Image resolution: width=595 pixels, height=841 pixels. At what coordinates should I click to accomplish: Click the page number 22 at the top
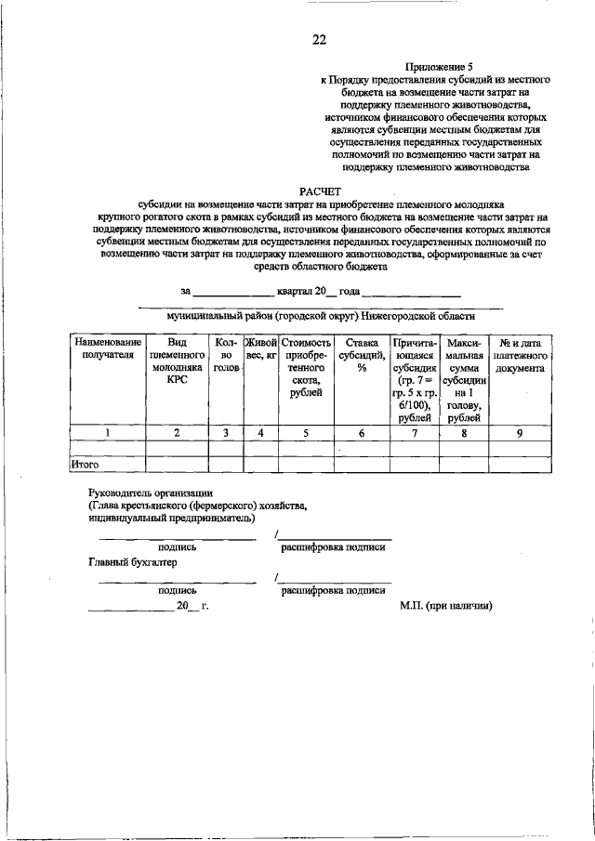click(319, 39)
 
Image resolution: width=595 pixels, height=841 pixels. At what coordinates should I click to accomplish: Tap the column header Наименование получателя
click(108, 348)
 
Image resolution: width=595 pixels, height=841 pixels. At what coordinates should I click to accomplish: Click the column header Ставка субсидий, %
click(361, 355)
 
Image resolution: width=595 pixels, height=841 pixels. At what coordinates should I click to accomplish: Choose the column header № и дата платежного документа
click(521, 355)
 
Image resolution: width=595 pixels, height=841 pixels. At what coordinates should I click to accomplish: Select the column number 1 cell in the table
click(108, 432)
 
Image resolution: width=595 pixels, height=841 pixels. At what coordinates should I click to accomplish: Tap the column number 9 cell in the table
click(521, 432)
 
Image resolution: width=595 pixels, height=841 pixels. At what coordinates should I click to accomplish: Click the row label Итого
click(85, 464)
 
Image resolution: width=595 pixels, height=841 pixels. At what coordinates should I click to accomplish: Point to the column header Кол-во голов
click(226, 355)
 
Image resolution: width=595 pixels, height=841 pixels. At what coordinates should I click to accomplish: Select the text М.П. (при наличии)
click(445, 605)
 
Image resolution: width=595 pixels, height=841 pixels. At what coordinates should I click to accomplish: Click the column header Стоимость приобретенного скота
click(306, 368)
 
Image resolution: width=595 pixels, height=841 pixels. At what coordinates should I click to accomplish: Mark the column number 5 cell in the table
click(306, 432)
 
